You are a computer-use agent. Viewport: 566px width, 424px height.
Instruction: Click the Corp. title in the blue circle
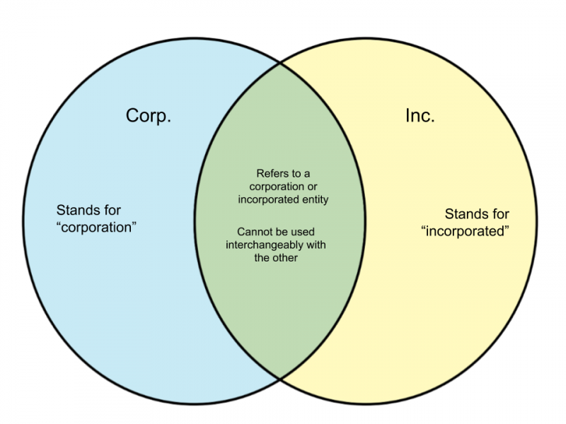pyautogui.click(x=149, y=117)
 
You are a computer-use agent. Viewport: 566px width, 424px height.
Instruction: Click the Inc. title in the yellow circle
pyautogui.click(x=420, y=116)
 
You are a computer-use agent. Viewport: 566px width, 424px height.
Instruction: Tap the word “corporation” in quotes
pyautogui.click(x=97, y=228)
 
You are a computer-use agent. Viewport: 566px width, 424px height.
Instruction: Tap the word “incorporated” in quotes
pyautogui.click(x=466, y=231)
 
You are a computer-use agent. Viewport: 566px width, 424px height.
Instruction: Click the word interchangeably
pyautogui.click(x=265, y=245)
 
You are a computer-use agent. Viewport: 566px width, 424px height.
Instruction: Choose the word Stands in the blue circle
pyautogui.click(x=74, y=210)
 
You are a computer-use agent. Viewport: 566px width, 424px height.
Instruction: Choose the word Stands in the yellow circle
pyautogui.click(x=463, y=214)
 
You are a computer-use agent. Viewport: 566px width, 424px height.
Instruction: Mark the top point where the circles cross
pyautogui.click(x=280, y=63)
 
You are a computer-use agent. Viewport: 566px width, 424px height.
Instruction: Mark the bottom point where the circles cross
pyautogui.click(x=280, y=379)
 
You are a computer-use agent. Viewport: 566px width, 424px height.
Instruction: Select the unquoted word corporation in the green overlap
pyautogui.click(x=277, y=187)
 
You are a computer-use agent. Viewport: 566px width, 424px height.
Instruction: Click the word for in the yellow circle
pyautogui.click(x=501, y=214)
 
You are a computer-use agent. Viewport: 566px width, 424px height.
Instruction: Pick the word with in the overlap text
pyautogui.click(x=316, y=245)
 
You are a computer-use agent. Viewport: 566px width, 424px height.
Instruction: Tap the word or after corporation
pyautogui.click(x=312, y=187)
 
